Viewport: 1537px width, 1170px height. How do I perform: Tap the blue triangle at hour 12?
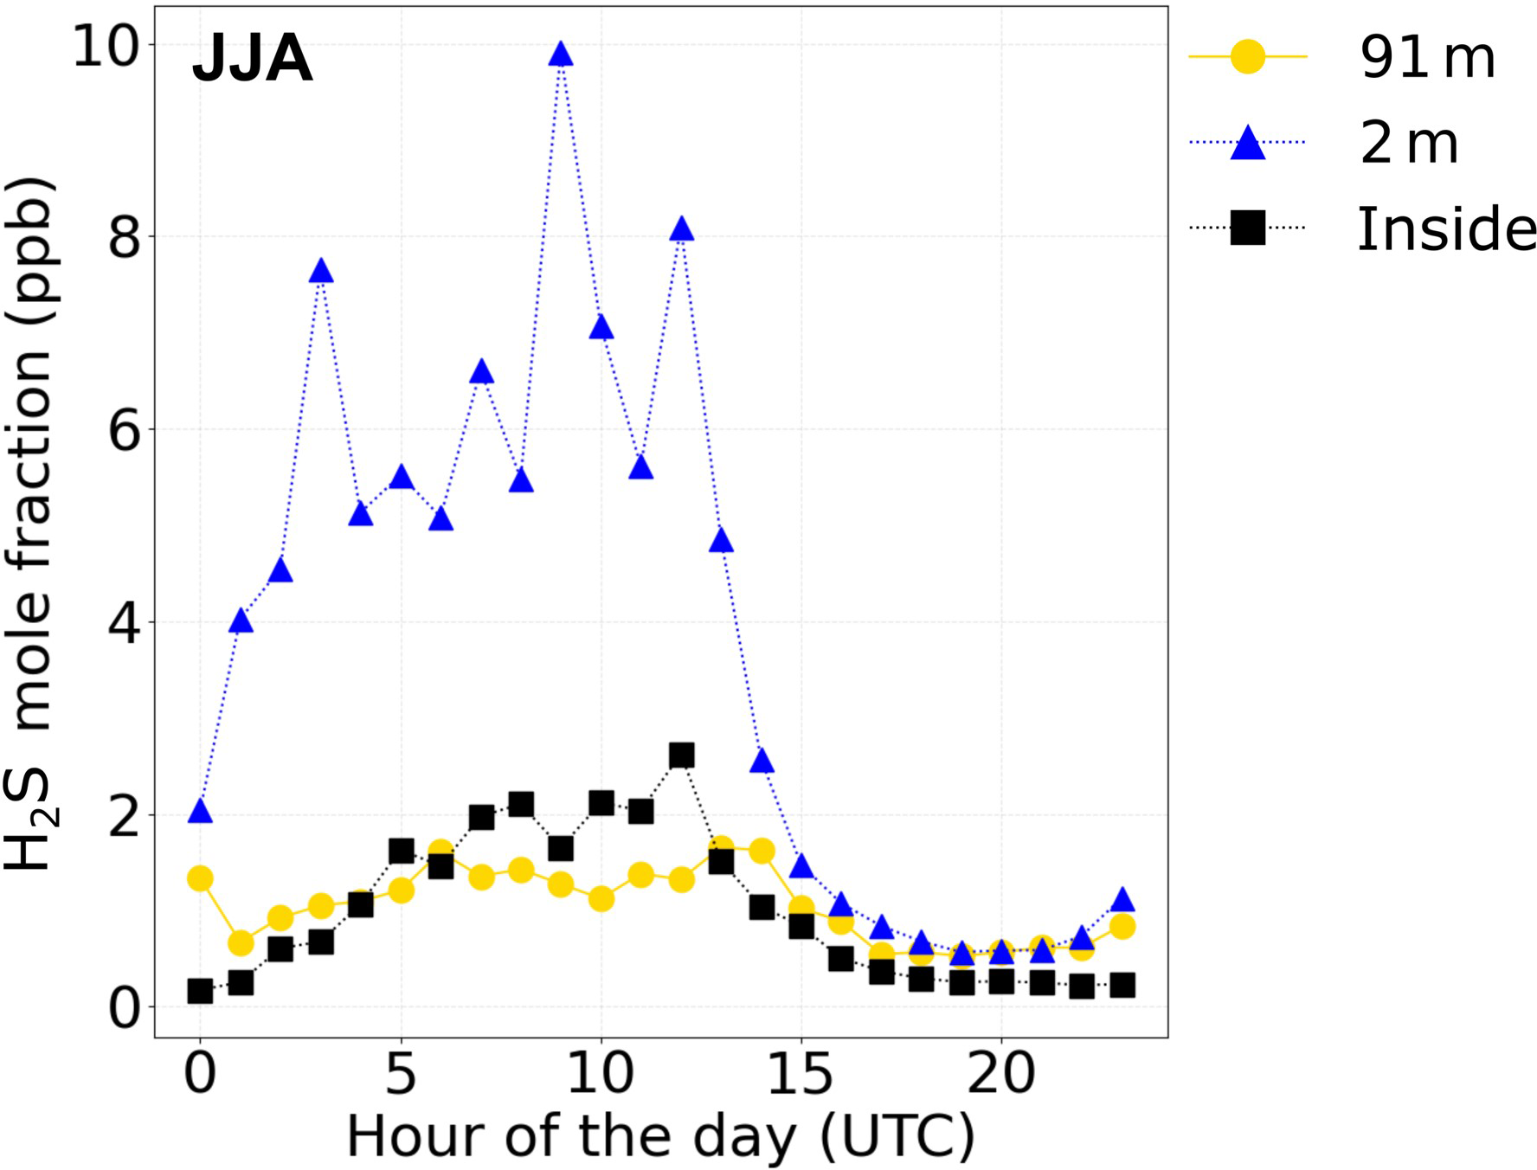pos(681,230)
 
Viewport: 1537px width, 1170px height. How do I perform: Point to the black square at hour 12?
pos(681,755)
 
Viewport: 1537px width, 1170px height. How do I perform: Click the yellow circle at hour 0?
pos(200,879)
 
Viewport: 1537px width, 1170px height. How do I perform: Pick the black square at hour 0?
pos(200,992)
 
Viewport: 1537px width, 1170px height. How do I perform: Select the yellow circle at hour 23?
pos(1122,927)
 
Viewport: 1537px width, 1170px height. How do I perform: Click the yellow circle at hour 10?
pos(601,899)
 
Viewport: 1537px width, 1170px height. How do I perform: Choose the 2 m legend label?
pos(1409,144)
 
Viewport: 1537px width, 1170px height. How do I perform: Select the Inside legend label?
pos(1445,229)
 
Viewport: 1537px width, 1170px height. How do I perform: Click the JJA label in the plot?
pos(252,59)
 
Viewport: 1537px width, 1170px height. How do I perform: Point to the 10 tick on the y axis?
pos(106,46)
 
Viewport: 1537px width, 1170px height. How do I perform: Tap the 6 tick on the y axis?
pos(124,430)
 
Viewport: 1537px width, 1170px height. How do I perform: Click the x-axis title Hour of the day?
pos(660,1135)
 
